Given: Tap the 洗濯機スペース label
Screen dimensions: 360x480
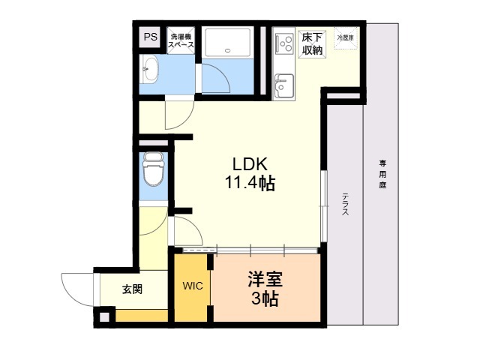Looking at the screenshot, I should pyautogui.click(x=181, y=40).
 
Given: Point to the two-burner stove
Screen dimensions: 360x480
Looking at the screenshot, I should pyautogui.click(x=284, y=43).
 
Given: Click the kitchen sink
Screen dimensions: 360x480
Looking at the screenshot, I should pyautogui.click(x=284, y=85).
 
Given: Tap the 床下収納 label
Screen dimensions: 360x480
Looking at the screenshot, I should pyautogui.click(x=313, y=43).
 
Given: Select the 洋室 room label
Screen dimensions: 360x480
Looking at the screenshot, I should pyautogui.click(x=265, y=280).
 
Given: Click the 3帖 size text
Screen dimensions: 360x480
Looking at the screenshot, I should pyautogui.click(x=265, y=300).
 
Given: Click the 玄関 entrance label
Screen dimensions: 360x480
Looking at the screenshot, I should pyautogui.click(x=132, y=289).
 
